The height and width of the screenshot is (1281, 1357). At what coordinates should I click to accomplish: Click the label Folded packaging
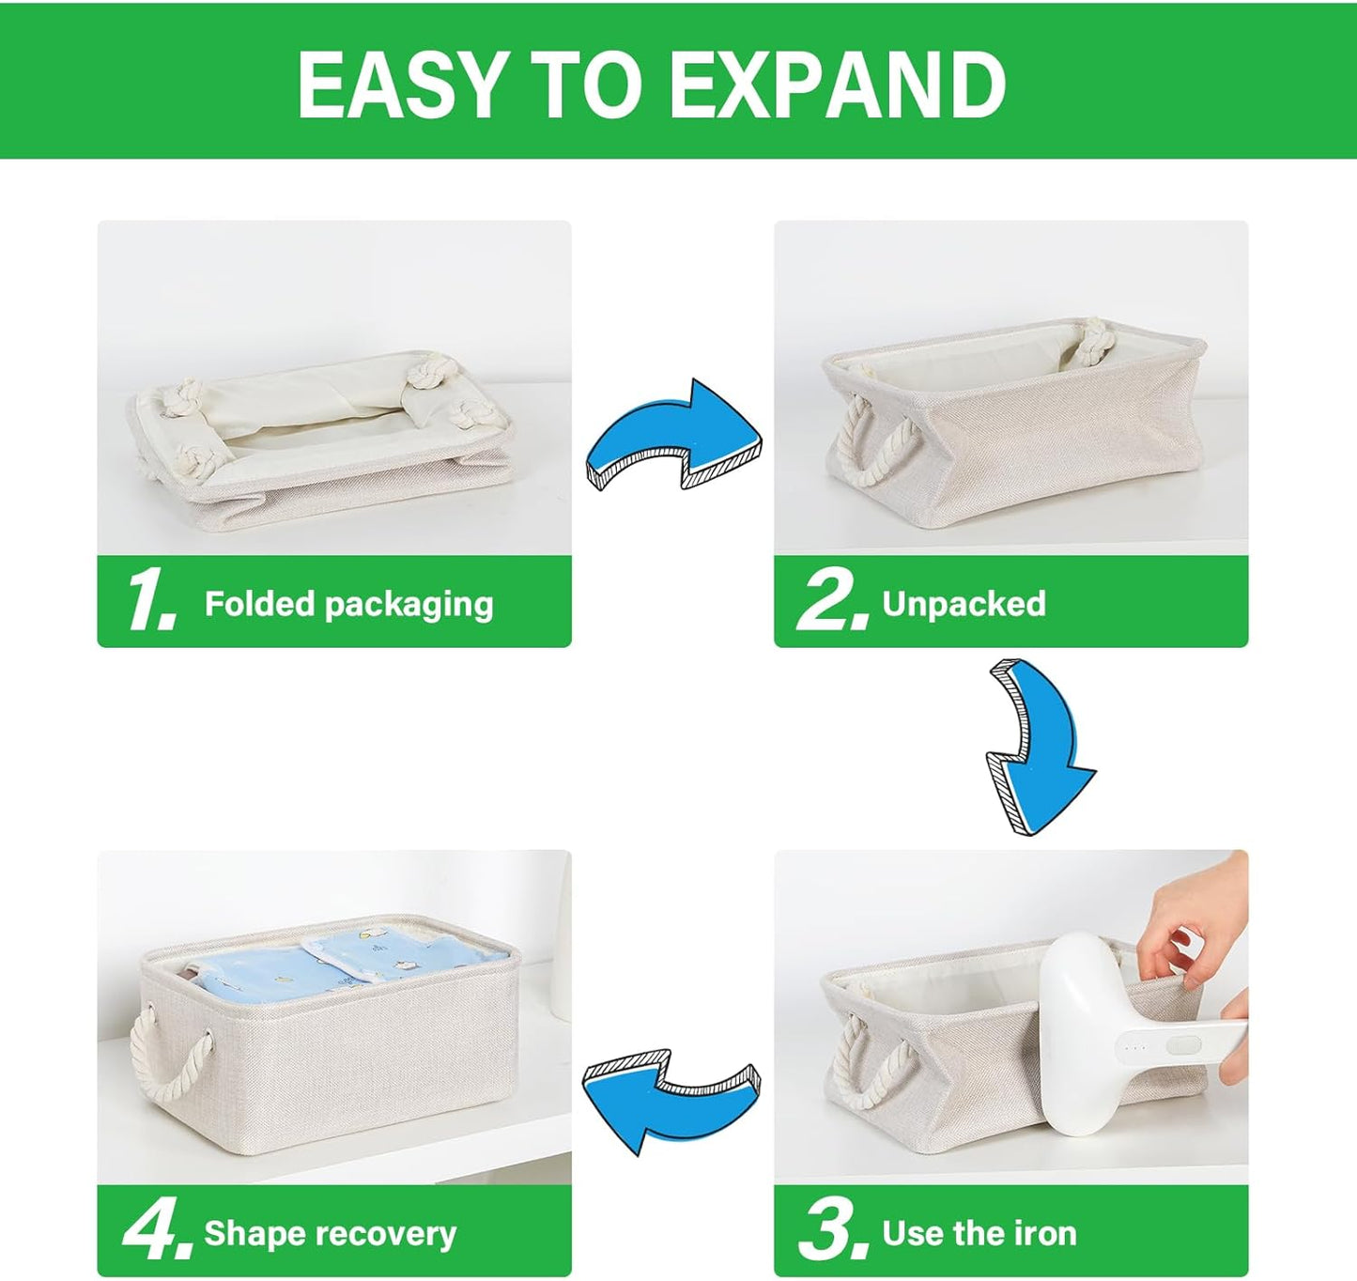pyautogui.click(x=348, y=604)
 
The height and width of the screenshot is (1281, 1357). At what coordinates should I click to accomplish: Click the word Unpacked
pyautogui.click(x=964, y=603)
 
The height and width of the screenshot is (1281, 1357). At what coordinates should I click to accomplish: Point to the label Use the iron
pyautogui.click(x=979, y=1232)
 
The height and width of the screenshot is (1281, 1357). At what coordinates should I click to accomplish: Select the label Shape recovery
pyautogui.click(x=330, y=1232)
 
